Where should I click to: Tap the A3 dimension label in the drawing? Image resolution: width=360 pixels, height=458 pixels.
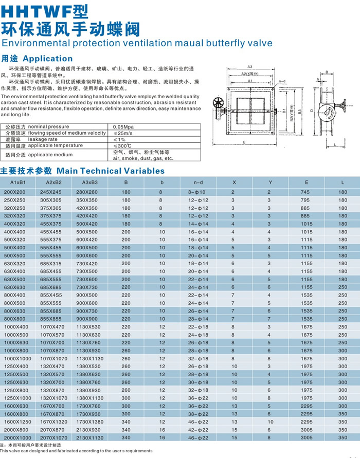click(x=249, y=67)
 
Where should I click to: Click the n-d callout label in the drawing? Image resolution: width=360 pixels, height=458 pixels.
click(x=282, y=81)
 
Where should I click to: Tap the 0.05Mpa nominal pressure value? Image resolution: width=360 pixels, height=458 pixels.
click(x=123, y=126)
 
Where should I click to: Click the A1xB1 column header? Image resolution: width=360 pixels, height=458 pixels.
click(x=18, y=182)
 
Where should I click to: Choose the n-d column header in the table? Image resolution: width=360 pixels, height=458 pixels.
click(x=198, y=182)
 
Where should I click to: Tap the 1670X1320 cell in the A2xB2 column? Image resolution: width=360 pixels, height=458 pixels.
click(x=54, y=422)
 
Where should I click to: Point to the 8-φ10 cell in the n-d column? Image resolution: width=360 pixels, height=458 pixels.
click(x=198, y=192)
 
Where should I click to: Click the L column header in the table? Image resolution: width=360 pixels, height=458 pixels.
click(x=343, y=182)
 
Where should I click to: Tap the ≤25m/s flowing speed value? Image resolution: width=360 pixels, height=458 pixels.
click(x=122, y=133)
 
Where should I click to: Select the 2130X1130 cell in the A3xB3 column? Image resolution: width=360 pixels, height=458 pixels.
click(x=90, y=437)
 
